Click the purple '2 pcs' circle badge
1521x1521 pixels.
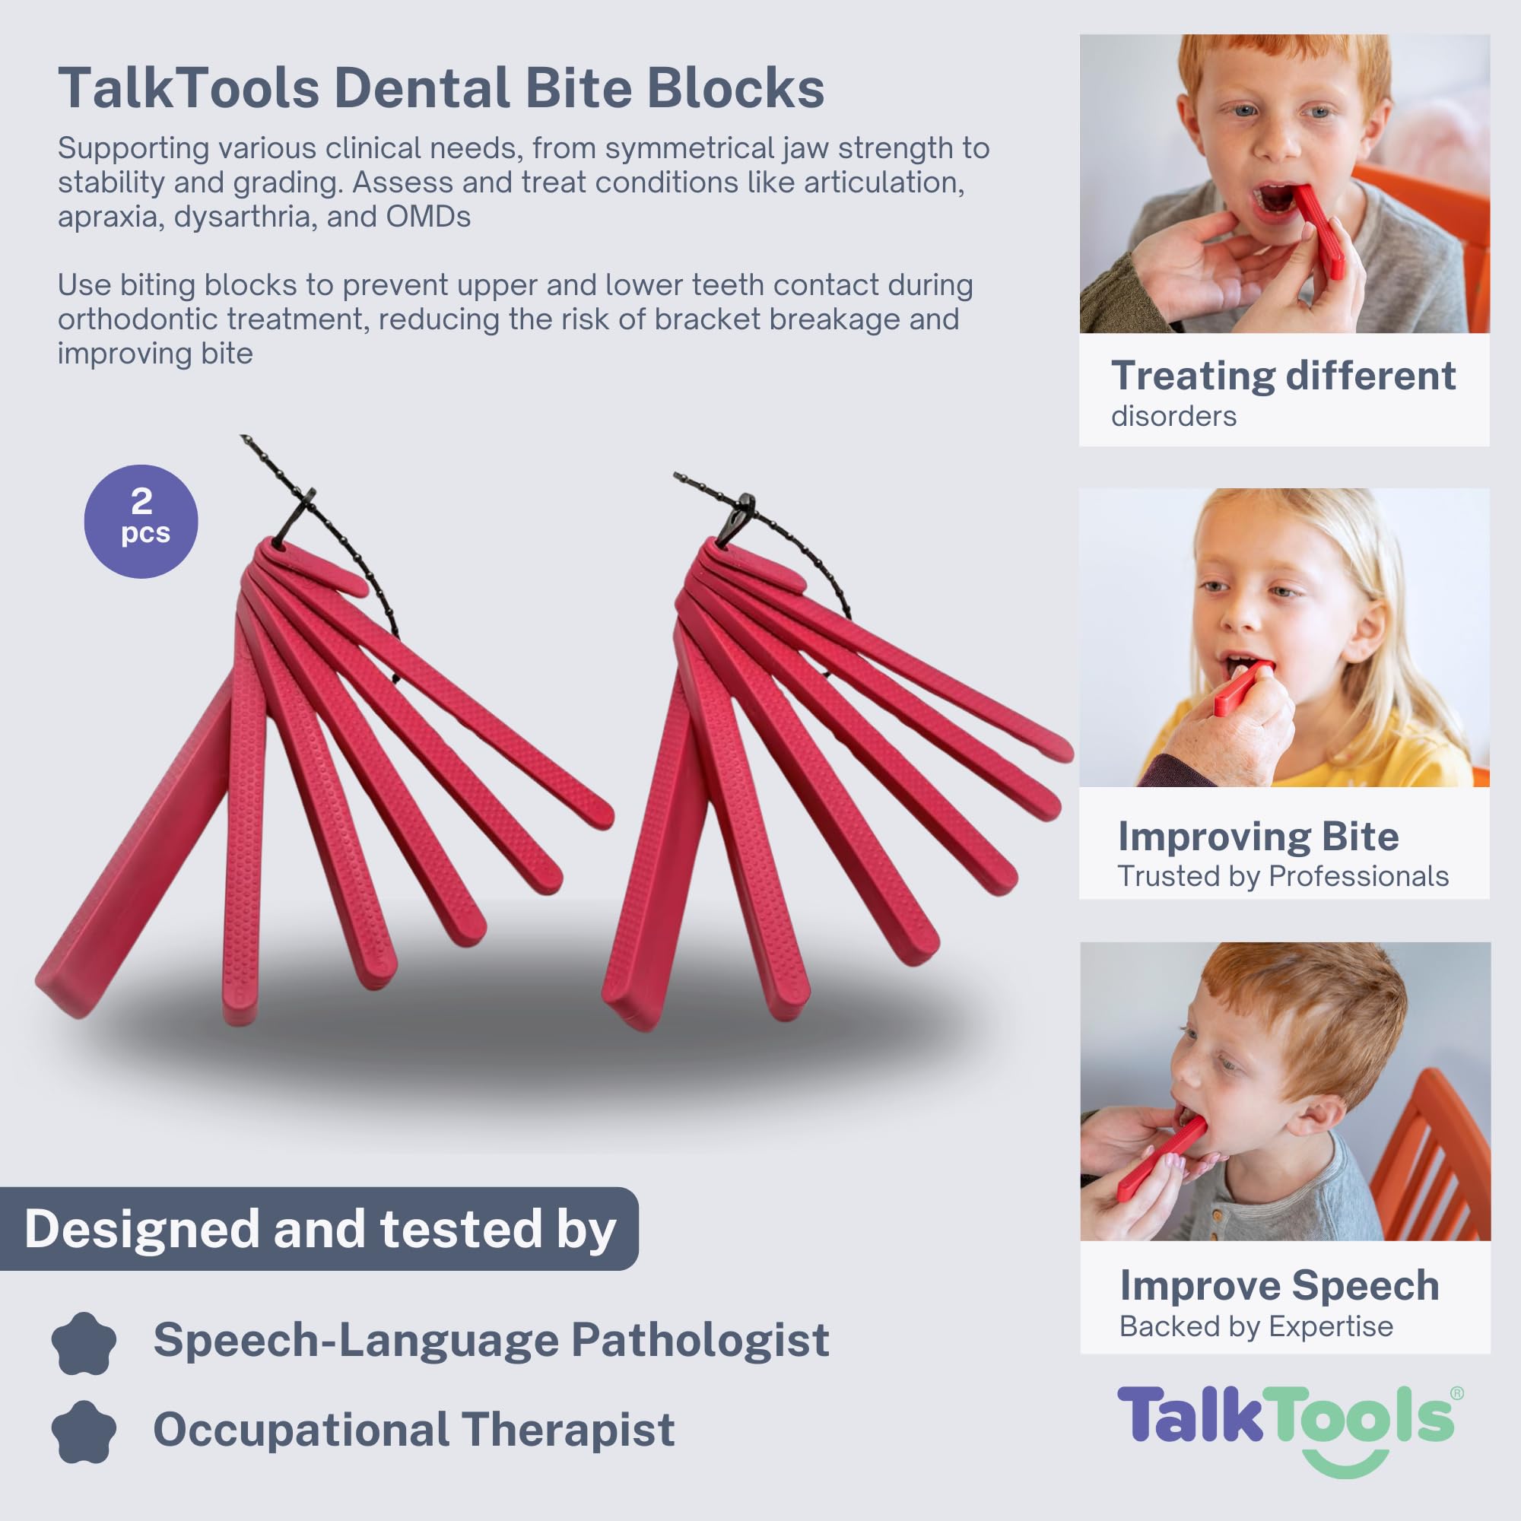141,521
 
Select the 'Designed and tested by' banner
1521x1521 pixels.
319,1229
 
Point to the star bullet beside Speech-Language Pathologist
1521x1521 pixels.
84,1343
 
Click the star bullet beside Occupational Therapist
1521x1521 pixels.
84,1432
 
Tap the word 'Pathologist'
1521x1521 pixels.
700,1340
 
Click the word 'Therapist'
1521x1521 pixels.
567,1429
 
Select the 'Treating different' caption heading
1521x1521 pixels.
1283,376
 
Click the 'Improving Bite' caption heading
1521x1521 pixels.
1258,836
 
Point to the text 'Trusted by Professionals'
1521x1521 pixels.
1283,876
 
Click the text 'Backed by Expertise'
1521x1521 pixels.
1256,1326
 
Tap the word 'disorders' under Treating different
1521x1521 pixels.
1173,416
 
